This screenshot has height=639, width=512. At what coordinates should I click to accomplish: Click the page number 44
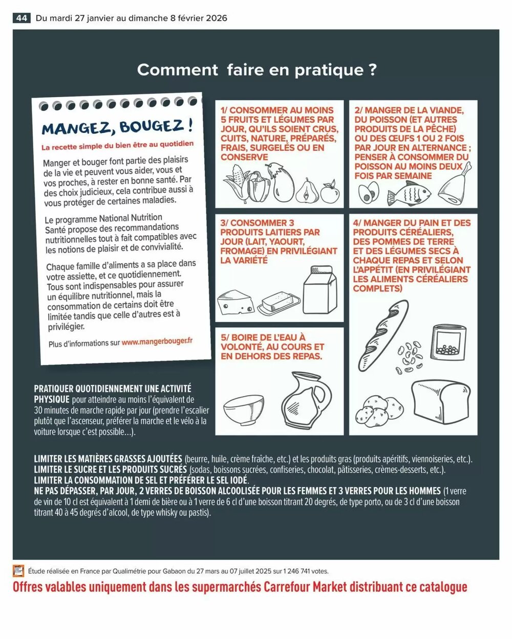click(21, 18)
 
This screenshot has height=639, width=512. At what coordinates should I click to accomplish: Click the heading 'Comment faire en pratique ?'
click(257, 70)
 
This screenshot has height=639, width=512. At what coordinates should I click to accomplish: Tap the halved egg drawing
click(368, 193)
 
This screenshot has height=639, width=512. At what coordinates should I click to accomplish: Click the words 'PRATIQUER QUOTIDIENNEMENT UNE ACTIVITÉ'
click(113, 389)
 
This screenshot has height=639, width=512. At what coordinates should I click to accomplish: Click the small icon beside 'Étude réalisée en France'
click(19, 570)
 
